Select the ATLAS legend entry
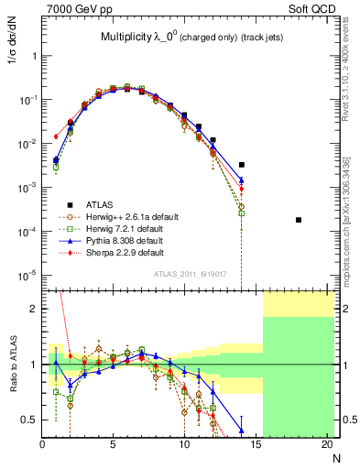pos(92,203)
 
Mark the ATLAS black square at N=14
pos(242,165)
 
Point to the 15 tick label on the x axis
pos(256,445)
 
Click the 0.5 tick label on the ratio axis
pos(28,420)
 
